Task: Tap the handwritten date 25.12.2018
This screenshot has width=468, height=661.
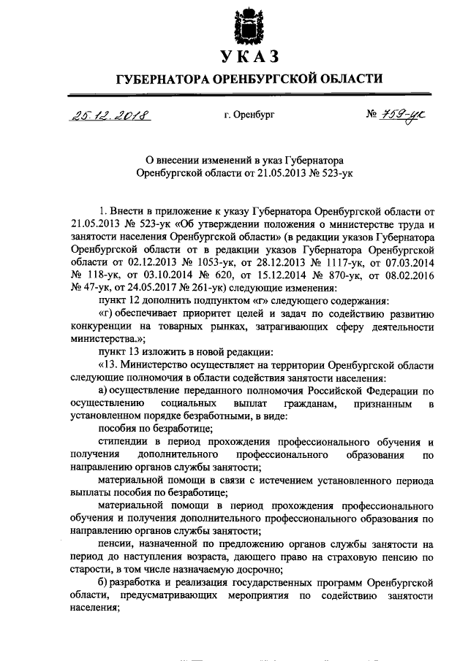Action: point(107,115)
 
